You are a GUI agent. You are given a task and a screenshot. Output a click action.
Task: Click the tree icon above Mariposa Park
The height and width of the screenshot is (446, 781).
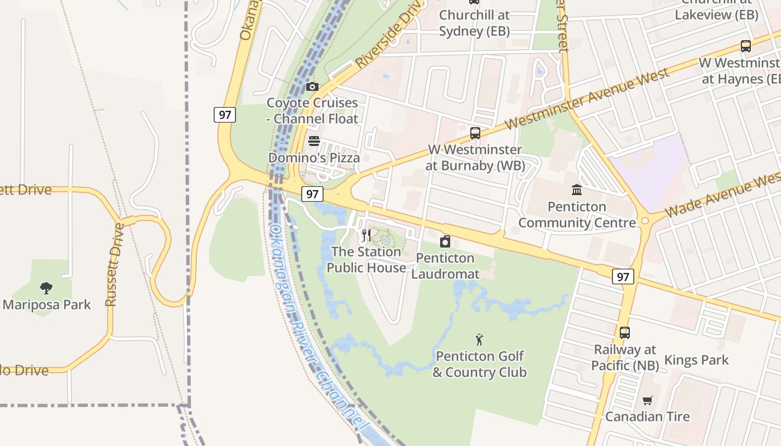pyautogui.click(x=46, y=288)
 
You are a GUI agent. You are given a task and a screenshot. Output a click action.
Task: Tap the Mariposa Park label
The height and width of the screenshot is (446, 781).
pyautogui.click(x=47, y=304)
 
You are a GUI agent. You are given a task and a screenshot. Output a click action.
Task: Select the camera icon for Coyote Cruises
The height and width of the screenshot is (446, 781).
pyautogui.click(x=312, y=86)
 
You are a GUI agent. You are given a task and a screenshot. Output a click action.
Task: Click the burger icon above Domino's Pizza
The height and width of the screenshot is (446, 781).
pyautogui.click(x=314, y=141)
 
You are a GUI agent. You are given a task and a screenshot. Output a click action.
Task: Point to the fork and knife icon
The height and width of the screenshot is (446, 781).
pyautogui.click(x=366, y=235)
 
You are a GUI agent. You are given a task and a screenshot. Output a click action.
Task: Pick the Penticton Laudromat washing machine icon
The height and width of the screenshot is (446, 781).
pyautogui.click(x=445, y=241)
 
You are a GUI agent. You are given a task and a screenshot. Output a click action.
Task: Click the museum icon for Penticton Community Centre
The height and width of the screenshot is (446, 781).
pyautogui.click(x=577, y=190)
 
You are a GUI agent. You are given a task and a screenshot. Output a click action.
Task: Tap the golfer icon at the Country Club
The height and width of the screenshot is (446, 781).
pyautogui.click(x=479, y=339)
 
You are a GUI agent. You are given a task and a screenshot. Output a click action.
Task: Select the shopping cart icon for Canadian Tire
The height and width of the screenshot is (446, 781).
pyautogui.click(x=647, y=400)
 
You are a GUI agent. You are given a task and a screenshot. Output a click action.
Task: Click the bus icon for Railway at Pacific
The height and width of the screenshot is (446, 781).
pyautogui.click(x=625, y=333)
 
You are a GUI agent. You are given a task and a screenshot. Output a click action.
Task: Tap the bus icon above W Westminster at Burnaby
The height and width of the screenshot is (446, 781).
pyautogui.click(x=475, y=133)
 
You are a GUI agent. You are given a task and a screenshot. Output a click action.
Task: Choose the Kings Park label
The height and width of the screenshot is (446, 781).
pyautogui.click(x=696, y=360)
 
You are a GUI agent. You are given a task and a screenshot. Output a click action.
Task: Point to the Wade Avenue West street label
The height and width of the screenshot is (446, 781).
pyautogui.click(x=722, y=195)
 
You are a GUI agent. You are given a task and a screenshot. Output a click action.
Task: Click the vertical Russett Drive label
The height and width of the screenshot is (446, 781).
pyautogui.click(x=113, y=265)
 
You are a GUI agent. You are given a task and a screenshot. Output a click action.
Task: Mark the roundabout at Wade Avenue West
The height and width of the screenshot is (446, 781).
pyautogui.click(x=645, y=221)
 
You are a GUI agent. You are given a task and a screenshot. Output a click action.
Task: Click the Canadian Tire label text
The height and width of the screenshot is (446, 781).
pyautogui.click(x=647, y=416)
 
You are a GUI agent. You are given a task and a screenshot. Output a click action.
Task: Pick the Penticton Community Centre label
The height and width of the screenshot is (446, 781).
pyautogui.click(x=577, y=215)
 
